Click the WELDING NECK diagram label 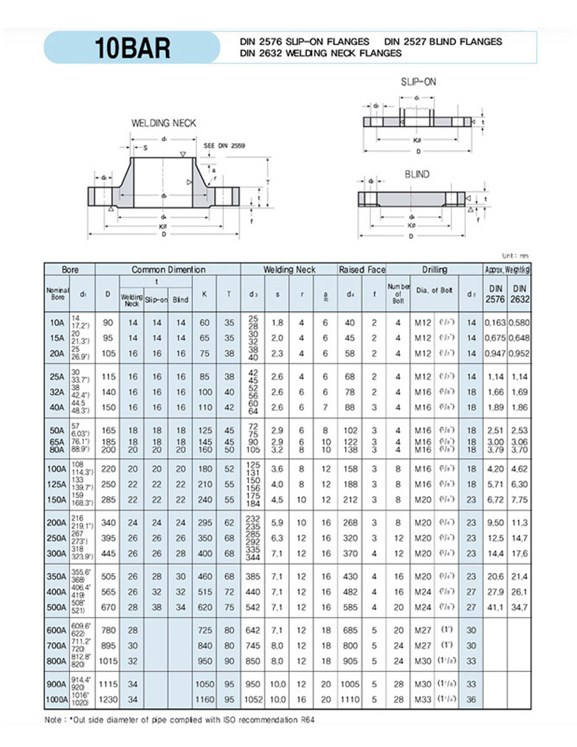click(x=164, y=123)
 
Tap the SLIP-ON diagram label click(x=419, y=82)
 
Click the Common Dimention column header click(x=169, y=270)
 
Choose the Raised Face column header click(x=362, y=270)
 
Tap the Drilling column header click(x=434, y=270)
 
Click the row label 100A click(x=58, y=469)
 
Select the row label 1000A click(x=56, y=699)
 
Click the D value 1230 click(x=108, y=699)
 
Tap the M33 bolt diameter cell click(x=424, y=699)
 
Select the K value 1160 click(x=205, y=699)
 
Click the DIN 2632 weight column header click(x=520, y=293)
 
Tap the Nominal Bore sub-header click(x=58, y=293)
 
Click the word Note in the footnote click(x=56, y=721)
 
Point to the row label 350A click(x=58, y=576)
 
